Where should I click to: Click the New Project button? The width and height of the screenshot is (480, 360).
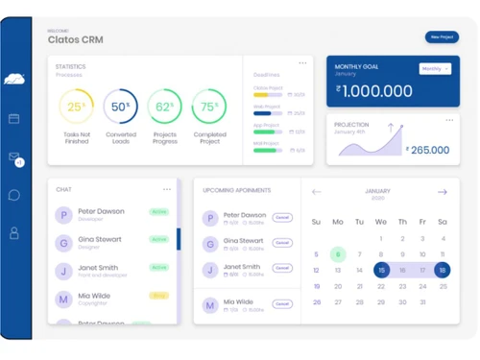coord(442,37)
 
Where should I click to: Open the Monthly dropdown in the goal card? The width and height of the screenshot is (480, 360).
coord(434,69)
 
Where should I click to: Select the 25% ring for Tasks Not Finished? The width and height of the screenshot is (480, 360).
coord(76,107)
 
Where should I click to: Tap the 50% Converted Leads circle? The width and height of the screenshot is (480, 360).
coord(120,107)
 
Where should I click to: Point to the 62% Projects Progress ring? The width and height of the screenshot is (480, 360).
coord(165,107)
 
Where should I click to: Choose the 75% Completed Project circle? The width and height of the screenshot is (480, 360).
coord(209,107)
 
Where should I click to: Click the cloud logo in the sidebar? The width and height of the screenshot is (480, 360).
coord(14,80)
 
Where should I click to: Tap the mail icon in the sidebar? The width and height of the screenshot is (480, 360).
coord(14,156)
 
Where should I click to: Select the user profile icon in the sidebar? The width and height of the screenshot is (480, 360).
coord(14,233)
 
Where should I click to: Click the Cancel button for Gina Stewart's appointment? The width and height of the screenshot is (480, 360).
coord(282,244)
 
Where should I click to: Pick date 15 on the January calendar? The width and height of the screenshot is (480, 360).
coord(381,271)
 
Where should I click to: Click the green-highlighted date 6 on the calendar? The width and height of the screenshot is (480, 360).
coord(338,254)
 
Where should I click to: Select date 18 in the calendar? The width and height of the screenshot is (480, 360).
coord(443,271)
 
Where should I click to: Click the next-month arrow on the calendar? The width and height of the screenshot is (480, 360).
coord(443,192)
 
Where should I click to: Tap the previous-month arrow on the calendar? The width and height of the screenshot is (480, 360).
coord(317,192)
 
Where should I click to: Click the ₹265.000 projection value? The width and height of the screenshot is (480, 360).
coord(428,150)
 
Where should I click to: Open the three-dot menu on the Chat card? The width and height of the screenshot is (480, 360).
coord(167,189)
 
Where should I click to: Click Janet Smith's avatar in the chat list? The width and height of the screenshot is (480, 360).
coord(63,272)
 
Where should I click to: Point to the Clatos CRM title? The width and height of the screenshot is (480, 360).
coord(75,40)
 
